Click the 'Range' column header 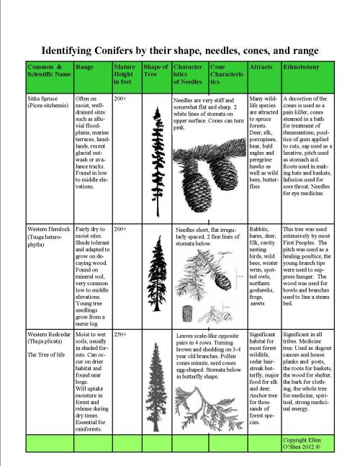(84, 67)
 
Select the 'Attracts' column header (261, 67)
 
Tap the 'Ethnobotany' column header (301, 67)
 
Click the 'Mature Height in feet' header (125, 74)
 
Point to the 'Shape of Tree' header (156, 71)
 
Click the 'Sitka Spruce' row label (42, 99)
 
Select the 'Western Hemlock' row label (49, 229)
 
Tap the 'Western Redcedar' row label (49, 334)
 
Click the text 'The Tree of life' (46, 354)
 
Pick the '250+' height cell (120, 334)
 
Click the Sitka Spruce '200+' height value (120, 99)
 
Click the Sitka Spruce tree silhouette (158, 161)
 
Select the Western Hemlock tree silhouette (157, 273)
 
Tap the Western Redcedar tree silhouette (156, 387)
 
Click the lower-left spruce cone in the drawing (197, 191)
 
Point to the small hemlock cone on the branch (222, 281)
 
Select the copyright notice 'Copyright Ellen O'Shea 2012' (302, 443)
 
